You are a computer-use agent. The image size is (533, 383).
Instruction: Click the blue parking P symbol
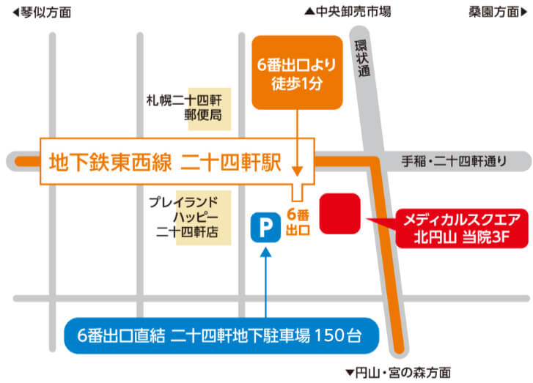(x=265, y=228)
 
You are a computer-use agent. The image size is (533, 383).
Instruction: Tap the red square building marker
(x=340, y=213)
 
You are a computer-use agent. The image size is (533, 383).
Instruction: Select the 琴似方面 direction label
(x=43, y=11)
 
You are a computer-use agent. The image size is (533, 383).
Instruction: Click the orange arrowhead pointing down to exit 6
(x=297, y=170)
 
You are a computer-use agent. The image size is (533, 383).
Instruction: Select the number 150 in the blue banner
(x=327, y=336)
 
